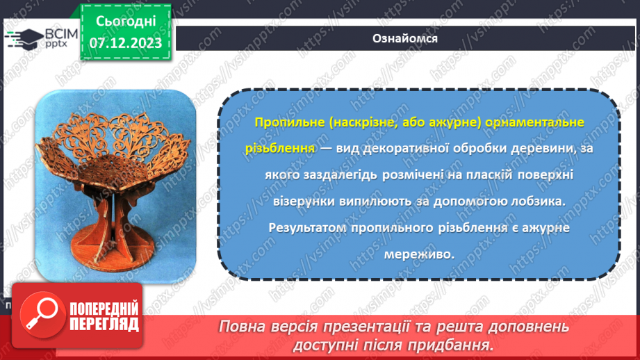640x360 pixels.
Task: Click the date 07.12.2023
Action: point(125,43)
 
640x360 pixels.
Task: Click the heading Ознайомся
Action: point(404,38)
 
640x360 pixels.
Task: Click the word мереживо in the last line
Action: point(419,254)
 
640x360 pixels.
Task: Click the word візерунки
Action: point(286,202)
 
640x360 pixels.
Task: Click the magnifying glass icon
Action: point(40,317)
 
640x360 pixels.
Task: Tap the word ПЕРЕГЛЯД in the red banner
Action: point(104,325)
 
